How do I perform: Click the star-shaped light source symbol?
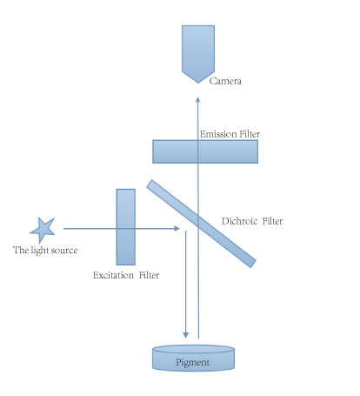click(x=43, y=230)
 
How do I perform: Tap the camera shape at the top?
click(x=198, y=52)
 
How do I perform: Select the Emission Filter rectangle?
click(x=205, y=151)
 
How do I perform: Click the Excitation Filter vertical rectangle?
click(x=126, y=227)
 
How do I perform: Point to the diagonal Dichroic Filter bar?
click(x=201, y=224)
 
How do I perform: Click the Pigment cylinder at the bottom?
click(x=193, y=358)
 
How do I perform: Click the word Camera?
click(x=225, y=81)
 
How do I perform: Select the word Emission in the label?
click(x=214, y=134)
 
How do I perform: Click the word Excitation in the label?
click(x=113, y=275)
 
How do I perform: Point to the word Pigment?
click(x=192, y=363)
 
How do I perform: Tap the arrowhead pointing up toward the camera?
click(x=198, y=99)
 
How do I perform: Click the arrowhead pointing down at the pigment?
click(x=186, y=335)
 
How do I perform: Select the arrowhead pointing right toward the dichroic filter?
click(x=177, y=229)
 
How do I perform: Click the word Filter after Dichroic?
click(x=272, y=221)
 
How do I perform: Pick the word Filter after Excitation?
click(x=149, y=275)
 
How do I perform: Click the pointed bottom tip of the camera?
click(x=198, y=84)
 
